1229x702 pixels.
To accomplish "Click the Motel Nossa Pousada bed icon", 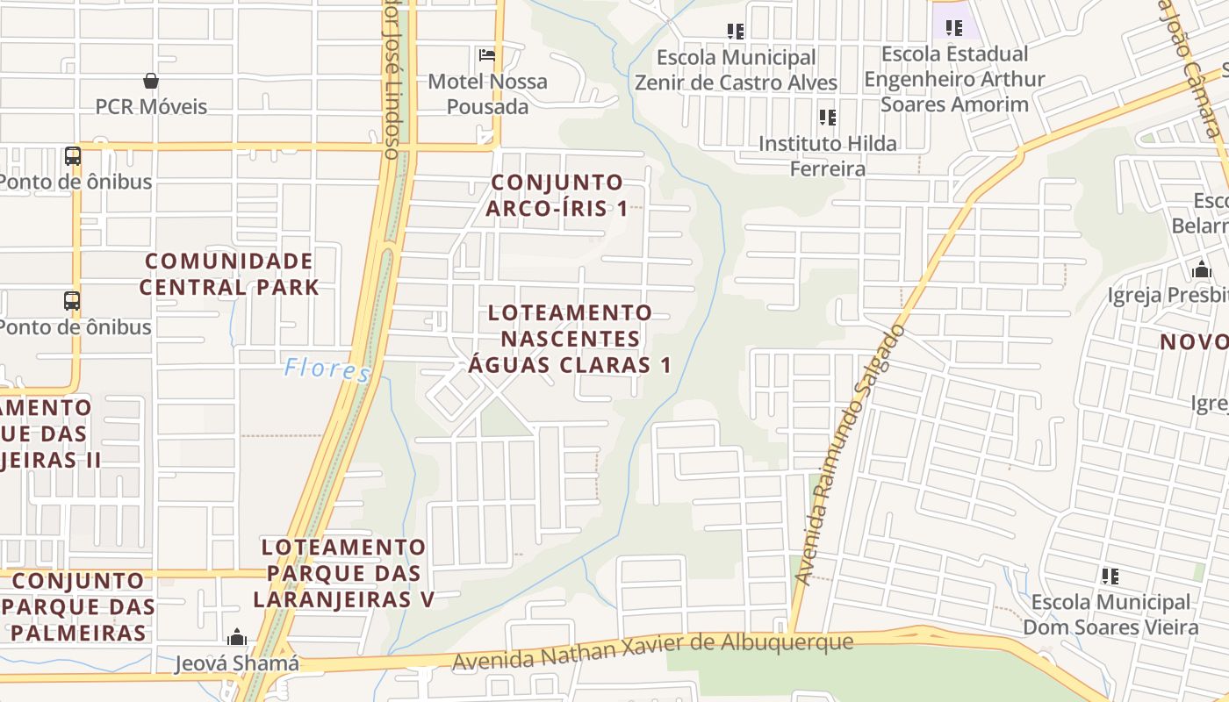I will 487,55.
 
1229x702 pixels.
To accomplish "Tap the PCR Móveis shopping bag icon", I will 151,81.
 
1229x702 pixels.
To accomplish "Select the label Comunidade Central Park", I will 229,274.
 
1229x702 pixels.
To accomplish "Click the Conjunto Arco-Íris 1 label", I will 557,195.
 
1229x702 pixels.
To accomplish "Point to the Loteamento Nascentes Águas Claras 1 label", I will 570,339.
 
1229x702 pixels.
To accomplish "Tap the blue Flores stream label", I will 327,369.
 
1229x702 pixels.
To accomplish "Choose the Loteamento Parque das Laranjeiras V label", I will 343,573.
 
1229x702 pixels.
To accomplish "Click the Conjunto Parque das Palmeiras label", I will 78,606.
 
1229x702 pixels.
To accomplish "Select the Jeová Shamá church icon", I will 236,637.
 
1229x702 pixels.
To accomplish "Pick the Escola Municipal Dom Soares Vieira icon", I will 1110,577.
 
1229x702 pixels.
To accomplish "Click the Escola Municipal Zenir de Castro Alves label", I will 736,70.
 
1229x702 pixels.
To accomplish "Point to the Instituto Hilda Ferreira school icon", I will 827,117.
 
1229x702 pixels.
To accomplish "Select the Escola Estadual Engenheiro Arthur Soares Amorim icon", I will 954,27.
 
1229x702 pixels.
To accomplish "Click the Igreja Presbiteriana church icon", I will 1202,269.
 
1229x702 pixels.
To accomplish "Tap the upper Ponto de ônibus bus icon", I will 73,156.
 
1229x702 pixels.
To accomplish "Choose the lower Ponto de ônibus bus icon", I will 73,301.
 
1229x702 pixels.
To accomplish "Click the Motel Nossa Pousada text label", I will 487,94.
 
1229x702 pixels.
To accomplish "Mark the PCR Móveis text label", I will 151,107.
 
